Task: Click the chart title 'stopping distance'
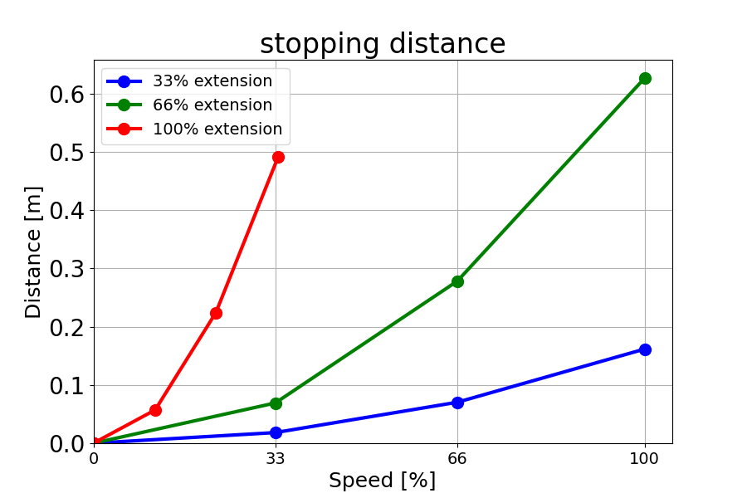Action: tap(383, 44)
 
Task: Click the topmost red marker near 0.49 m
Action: tap(278, 157)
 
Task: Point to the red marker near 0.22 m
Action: tap(216, 313)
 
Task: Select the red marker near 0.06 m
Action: tap(155, 410)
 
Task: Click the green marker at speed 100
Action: tap(645, 78)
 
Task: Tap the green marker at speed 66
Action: tap(457, 281)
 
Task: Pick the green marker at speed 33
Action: tap(276, 403)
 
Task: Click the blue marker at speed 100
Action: tap(645, 349)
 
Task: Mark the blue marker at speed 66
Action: tap(457, 403)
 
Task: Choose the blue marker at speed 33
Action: tap(276, 432)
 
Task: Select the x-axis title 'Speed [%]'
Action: tap(382, 481)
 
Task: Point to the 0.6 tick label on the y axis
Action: tap(67, 94)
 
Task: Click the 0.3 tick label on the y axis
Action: tap(67, 269)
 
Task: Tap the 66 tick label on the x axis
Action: tap(457, 457)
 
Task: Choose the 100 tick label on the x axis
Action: tap(645, 457)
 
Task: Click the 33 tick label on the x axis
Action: tap(276, 457)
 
